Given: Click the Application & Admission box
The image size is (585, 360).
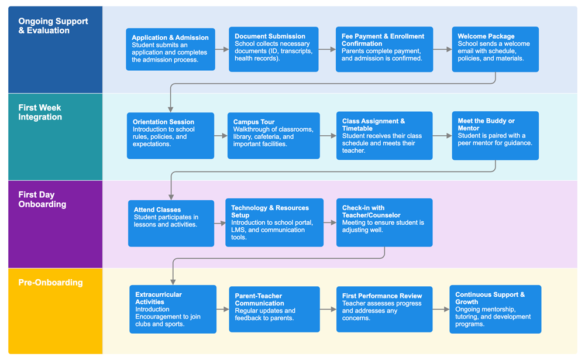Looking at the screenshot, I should point(170,49).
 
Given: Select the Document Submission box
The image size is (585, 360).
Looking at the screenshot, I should point(273,49).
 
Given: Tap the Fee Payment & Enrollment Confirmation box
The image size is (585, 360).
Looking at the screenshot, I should point(384,49).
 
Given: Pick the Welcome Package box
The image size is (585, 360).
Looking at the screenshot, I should point(495,49).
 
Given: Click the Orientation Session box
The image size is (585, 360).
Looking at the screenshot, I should point(170,136).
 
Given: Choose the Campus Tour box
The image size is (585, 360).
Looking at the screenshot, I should point(273,136).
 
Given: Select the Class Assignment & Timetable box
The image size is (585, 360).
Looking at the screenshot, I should point(384,136).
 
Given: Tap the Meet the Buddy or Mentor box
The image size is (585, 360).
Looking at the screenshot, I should point(495,136).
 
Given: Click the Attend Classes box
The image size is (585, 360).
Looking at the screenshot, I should point(171,223).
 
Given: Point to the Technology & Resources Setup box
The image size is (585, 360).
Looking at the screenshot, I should point(274,222).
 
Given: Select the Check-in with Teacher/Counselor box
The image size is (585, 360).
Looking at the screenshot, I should point(384,222).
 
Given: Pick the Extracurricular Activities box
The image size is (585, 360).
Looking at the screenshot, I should point(173,309).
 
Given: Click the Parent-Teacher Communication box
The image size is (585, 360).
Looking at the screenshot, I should point(274,309).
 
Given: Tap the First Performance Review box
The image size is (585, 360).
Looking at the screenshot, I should point(384,309).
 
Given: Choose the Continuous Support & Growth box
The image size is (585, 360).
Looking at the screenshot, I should point(495,309).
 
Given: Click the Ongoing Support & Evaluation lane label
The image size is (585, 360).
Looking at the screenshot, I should point(53,26).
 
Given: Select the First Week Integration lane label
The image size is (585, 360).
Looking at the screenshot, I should point(40,112).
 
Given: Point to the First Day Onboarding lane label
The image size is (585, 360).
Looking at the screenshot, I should point(42,200).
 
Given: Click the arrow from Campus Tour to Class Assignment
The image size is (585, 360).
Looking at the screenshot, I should point(328,136).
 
